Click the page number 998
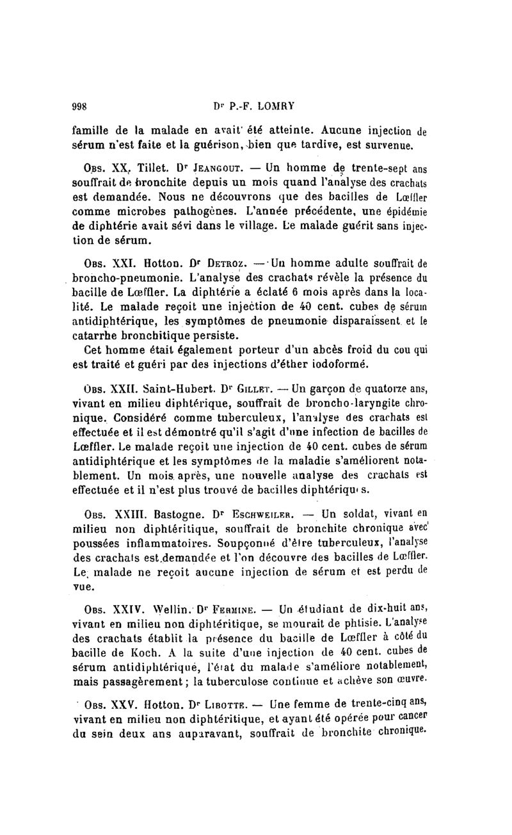point(83,107)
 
